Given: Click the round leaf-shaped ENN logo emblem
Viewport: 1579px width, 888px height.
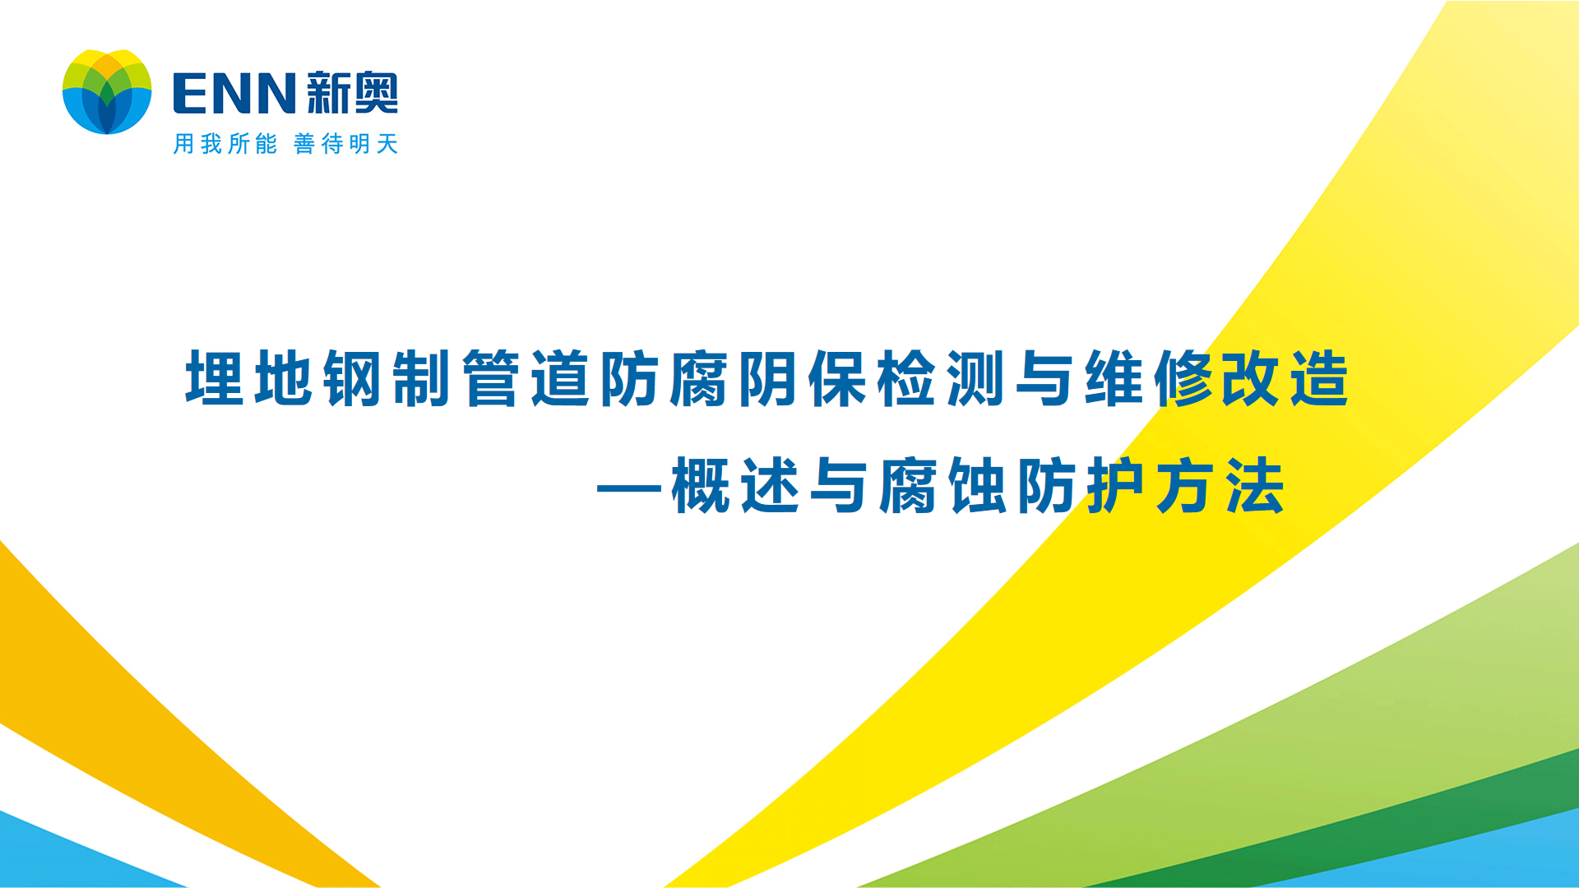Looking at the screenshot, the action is (x=107, y=91).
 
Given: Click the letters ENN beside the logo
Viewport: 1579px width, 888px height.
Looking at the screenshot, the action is (x=234, y=93).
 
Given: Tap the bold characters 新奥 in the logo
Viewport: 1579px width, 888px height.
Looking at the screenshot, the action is (x=352, y=93).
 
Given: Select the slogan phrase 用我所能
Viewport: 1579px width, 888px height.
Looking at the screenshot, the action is (x=225, y=144).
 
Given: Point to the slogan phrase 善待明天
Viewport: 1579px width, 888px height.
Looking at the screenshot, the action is (x=346, y=144).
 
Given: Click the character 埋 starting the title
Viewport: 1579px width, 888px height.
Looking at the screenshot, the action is (x=215, y=378).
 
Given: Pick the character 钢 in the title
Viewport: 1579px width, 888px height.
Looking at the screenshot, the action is (x=353, y=378).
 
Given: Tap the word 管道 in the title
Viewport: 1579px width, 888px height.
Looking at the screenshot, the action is (x=526, y=378).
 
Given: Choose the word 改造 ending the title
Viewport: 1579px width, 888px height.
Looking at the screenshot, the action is (x=1285, y=378).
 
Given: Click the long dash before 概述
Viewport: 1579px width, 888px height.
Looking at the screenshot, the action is (x=629, y=488).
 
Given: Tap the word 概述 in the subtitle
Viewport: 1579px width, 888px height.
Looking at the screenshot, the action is (x=735, y=486).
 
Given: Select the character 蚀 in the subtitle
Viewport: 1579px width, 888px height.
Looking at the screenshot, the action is (x=977, y=486).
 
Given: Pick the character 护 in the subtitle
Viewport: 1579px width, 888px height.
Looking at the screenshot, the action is (x=1115, y=486).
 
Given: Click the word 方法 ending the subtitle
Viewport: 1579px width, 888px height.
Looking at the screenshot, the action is (x=1220, y=486).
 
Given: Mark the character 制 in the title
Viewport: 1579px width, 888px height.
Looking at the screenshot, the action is (x=422, y=378).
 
